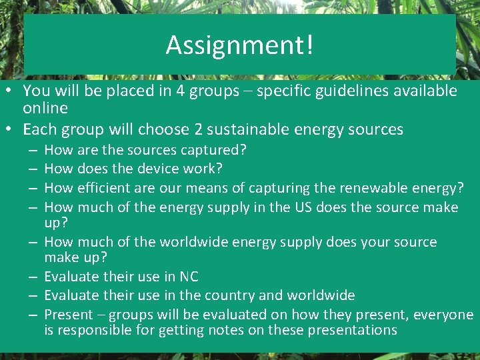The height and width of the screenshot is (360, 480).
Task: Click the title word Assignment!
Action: (x=239, y=45)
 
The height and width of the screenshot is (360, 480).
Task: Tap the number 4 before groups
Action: (x=181, y=91)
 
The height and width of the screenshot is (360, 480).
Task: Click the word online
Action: (x=45, y=108)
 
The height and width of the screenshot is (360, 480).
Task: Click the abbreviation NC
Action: (x=189, y=277)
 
